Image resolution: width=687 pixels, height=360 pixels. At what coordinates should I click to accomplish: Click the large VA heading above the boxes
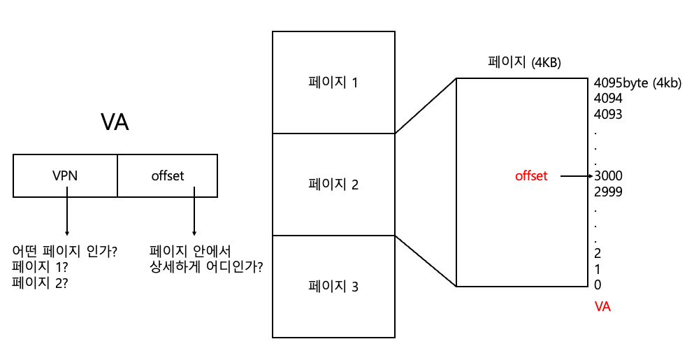click(115, 122)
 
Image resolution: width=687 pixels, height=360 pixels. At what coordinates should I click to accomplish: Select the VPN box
click(65, 176)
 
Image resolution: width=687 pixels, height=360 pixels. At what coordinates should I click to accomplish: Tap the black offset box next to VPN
click(167, 176)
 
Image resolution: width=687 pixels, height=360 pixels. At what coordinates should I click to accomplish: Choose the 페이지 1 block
click(333, 82)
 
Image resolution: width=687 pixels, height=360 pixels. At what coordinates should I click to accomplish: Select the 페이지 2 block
click(333, 185)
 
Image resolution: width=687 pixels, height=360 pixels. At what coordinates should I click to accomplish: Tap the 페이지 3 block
click(333, 287)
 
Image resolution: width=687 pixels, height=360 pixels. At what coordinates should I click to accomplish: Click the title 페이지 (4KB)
click(524, 62)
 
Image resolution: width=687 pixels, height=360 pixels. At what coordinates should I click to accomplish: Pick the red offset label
click(531, 176)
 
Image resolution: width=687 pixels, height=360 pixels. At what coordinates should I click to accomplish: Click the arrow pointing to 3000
click(577, 176)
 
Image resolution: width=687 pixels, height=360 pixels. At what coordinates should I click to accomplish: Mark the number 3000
click(608, 176)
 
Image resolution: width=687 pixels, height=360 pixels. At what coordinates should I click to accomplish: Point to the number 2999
click(608, 192)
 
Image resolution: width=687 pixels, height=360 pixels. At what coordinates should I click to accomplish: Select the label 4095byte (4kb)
click(637, 83)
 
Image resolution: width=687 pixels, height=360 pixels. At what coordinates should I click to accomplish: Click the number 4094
click(608, 99)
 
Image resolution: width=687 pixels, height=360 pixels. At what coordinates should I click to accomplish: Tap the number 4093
click(608, 114)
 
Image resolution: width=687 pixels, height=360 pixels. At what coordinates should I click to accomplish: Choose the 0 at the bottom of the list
click(598, 285)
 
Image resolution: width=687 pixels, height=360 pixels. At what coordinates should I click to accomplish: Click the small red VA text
click(602, 306)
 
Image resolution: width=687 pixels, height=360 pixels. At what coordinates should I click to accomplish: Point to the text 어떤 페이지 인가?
click(65, 251)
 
